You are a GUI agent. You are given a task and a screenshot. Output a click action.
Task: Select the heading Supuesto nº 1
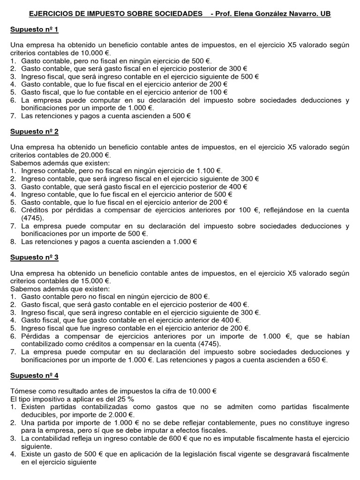[34, 30]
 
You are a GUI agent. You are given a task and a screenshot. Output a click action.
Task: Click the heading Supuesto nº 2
[34, 132]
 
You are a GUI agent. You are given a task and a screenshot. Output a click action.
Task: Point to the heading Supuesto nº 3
[34, 257]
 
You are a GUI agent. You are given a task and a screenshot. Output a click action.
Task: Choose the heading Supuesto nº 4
[34, 375]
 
